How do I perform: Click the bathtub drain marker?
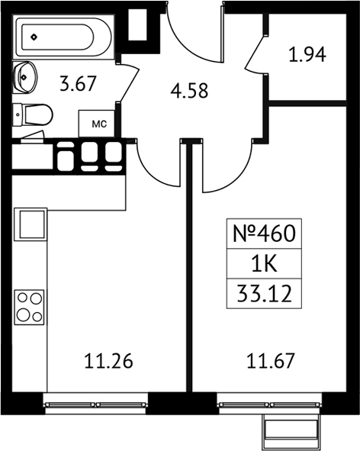[x=34, y=37]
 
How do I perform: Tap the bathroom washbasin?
[x=25, y=77]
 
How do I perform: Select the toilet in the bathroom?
[x=33, y=114]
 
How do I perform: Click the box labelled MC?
[x=97, y=124]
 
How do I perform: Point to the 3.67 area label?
[x=78, y=84]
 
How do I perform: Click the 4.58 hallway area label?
[x=189, y=91]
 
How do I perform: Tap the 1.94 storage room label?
[x=307, y=55]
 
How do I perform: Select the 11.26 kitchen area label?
[x=109, y=361]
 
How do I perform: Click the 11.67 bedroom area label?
[x=271, y=361]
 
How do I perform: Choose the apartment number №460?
[x=264, y=234]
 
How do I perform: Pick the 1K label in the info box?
[x=264, y=264]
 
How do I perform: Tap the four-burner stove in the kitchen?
[x=29, y=308]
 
